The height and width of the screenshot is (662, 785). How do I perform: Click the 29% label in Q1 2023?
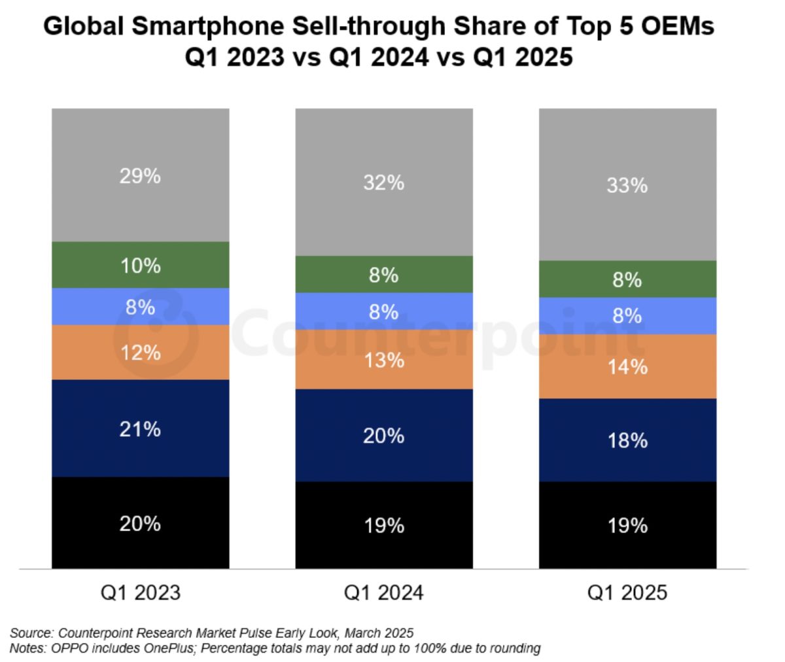(140, 176)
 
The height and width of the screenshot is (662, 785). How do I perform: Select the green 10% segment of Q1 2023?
(140, 265)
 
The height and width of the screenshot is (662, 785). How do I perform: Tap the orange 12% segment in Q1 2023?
(140, 352)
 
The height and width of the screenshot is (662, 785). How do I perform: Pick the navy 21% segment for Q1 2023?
(140, 428)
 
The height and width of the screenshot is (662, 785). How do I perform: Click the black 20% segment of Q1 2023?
(140, 523)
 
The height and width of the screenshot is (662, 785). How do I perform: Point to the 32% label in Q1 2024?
(383, 183)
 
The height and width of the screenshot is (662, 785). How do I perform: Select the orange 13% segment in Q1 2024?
(383, 360)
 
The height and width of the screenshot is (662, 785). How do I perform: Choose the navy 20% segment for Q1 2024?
(383, 436)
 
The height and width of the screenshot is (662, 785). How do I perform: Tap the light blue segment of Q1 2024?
(383, 311)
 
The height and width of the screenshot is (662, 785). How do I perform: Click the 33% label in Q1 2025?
(627, 185)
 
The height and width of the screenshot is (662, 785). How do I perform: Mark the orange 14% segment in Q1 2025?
(627, 366)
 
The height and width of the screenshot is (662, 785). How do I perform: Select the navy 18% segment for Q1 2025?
(627, 440)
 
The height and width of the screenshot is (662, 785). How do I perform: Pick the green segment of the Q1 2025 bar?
(627, 279)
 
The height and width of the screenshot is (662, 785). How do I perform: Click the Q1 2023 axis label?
(140, 593)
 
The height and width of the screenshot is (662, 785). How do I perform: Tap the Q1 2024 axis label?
(383, 593)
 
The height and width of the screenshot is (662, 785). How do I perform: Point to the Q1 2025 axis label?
(627, 593)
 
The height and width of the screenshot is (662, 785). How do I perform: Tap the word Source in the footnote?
(31, 633)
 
